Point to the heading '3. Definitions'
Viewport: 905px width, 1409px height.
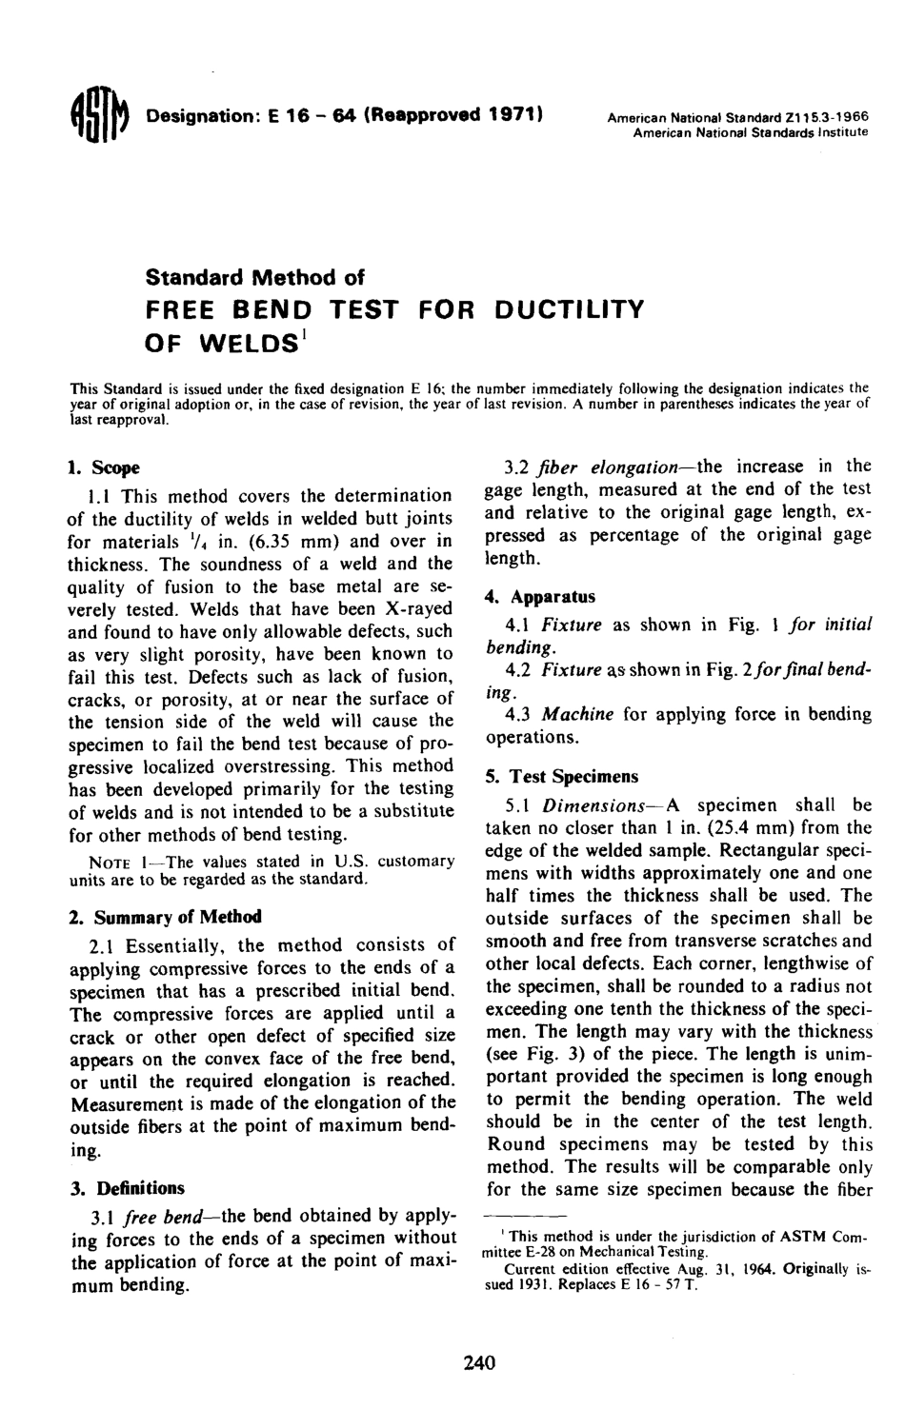pos(127,1188)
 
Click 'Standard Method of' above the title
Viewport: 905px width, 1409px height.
pos(254,277)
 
